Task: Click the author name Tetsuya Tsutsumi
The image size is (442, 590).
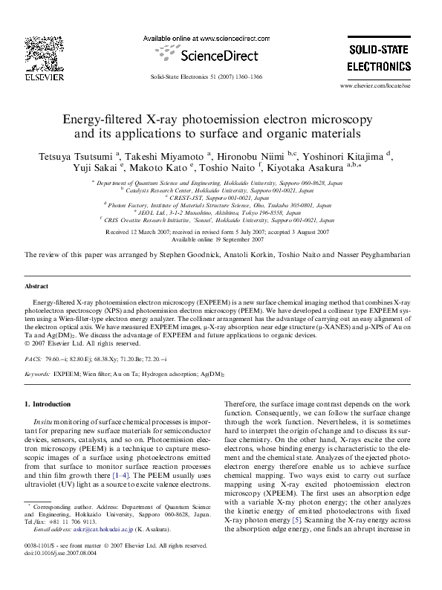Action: coord(64,156)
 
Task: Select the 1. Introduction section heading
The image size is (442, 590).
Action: coord(48,404)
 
